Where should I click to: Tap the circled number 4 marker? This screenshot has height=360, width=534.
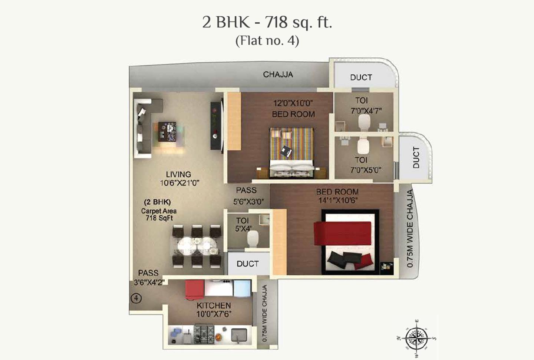click(136, 298)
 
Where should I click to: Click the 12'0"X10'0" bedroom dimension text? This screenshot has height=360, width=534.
click(293, 104)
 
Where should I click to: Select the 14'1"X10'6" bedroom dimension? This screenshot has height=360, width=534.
click(337, 200)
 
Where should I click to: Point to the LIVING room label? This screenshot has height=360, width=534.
click(178, 174)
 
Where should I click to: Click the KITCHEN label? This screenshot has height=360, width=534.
click(214, 305)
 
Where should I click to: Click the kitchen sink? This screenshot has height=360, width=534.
click(239, 335)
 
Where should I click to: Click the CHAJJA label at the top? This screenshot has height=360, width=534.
click(278, 75)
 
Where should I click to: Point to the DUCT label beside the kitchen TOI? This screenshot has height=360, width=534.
click(248, 264)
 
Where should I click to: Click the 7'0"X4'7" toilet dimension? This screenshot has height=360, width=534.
click(366, 111)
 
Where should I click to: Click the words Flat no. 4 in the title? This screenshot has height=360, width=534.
click(267, 40)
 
